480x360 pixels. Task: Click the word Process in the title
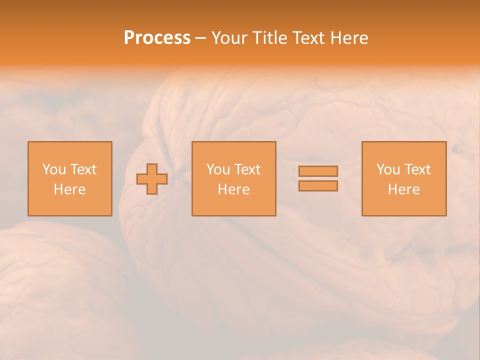(x=157, y=38)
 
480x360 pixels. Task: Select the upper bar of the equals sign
(x=318, y=171)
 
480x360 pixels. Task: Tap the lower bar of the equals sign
(x=318, y=186)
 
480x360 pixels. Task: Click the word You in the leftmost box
(x=54, y=169)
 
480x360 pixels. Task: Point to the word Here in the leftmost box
(x=69, y=189)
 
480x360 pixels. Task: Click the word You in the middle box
(x=218, y=169)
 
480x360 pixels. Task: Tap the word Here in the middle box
(x=233, y=189)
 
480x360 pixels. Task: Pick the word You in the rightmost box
(x=388, y=169)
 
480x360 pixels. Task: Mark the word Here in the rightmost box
(x=403, y=189)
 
